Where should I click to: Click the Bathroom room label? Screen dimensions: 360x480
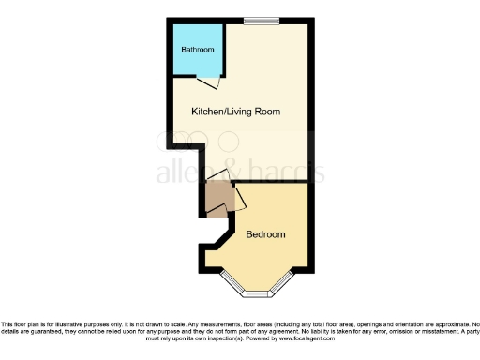(x=198, y=50)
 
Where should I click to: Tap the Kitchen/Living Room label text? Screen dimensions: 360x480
(x=235, y=112)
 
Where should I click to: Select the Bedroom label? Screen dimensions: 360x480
(x=265, y=234)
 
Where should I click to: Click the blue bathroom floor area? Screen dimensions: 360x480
(x=197, y=64)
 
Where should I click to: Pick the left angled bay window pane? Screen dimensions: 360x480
(x=230, y=284)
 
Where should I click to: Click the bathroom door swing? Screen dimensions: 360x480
(x=215, y=83)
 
